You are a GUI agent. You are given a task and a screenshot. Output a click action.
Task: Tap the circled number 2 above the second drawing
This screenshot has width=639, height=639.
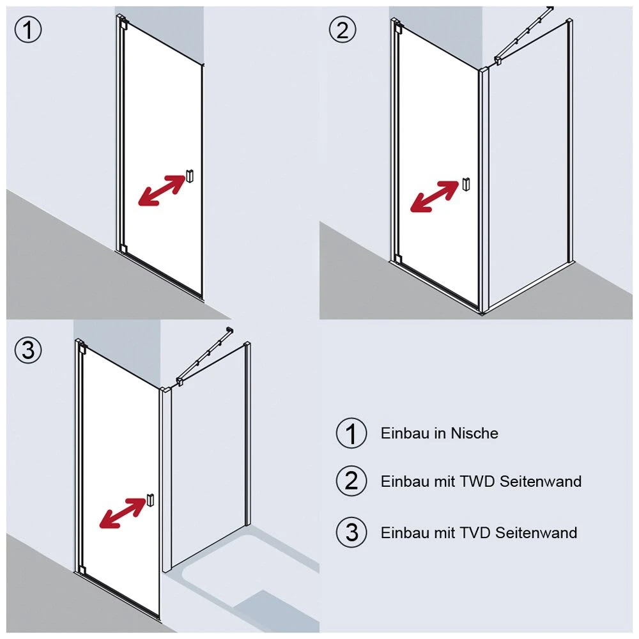pyautogui.click(x=342, y=29)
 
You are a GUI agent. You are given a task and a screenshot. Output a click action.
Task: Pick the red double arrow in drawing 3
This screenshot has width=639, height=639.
pyautogui.click(x=123, y=513)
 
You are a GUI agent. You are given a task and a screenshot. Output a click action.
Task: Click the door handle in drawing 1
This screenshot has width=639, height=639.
pyautogui.click(x=190, y=177)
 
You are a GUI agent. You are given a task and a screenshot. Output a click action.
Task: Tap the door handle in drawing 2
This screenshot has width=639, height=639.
pyautogui.click(x=465, y=184)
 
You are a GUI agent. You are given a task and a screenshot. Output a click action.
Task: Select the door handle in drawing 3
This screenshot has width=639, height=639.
pyautogui.click(x=150, y=500)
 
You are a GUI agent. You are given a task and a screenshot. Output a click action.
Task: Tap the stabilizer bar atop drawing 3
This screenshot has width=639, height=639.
pyautogui.click(x=203, y=355)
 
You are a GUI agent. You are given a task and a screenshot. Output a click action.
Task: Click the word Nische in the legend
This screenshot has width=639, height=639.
pyautogui.click(x=474, y=433)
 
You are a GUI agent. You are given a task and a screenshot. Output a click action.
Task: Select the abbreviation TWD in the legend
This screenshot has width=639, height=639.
pyautogui.click(x=475, y=481)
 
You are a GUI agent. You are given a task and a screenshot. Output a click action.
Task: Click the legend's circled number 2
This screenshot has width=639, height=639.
pyautogui.click(x=351, y=481)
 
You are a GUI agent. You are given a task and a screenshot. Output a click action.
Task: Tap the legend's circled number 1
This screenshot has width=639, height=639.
pyautogui.click(x=351, y=433)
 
